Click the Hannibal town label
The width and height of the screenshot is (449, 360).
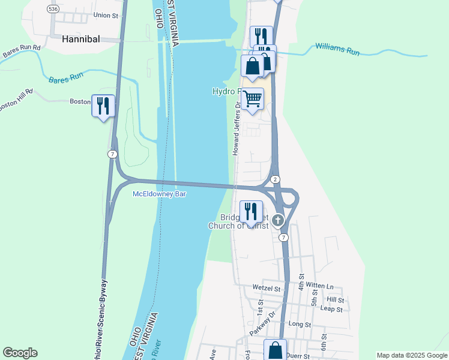80,38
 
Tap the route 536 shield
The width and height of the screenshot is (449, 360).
54,9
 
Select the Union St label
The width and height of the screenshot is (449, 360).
106,15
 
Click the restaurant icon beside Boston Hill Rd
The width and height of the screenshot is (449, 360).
103,106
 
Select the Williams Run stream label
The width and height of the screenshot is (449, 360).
337,49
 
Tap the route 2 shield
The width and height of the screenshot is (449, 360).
274,179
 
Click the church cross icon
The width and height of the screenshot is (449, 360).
277,220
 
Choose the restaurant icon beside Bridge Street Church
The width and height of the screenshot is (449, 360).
250,211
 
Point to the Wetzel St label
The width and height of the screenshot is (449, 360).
267,288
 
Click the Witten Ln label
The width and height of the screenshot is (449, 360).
319,287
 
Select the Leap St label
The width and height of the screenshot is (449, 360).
331,310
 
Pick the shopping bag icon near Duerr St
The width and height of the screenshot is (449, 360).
275,350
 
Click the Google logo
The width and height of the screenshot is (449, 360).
20,353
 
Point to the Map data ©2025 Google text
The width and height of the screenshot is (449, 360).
412,355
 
